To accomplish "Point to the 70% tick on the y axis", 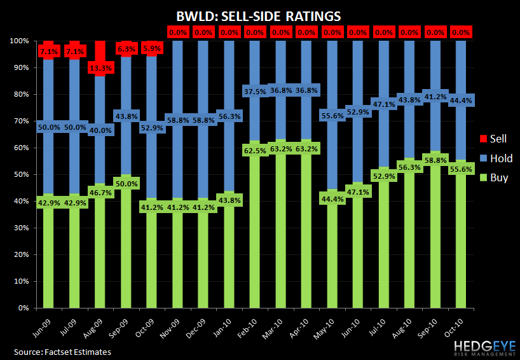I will (20, 121).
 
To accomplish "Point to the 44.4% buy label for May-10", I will (337, 200).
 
